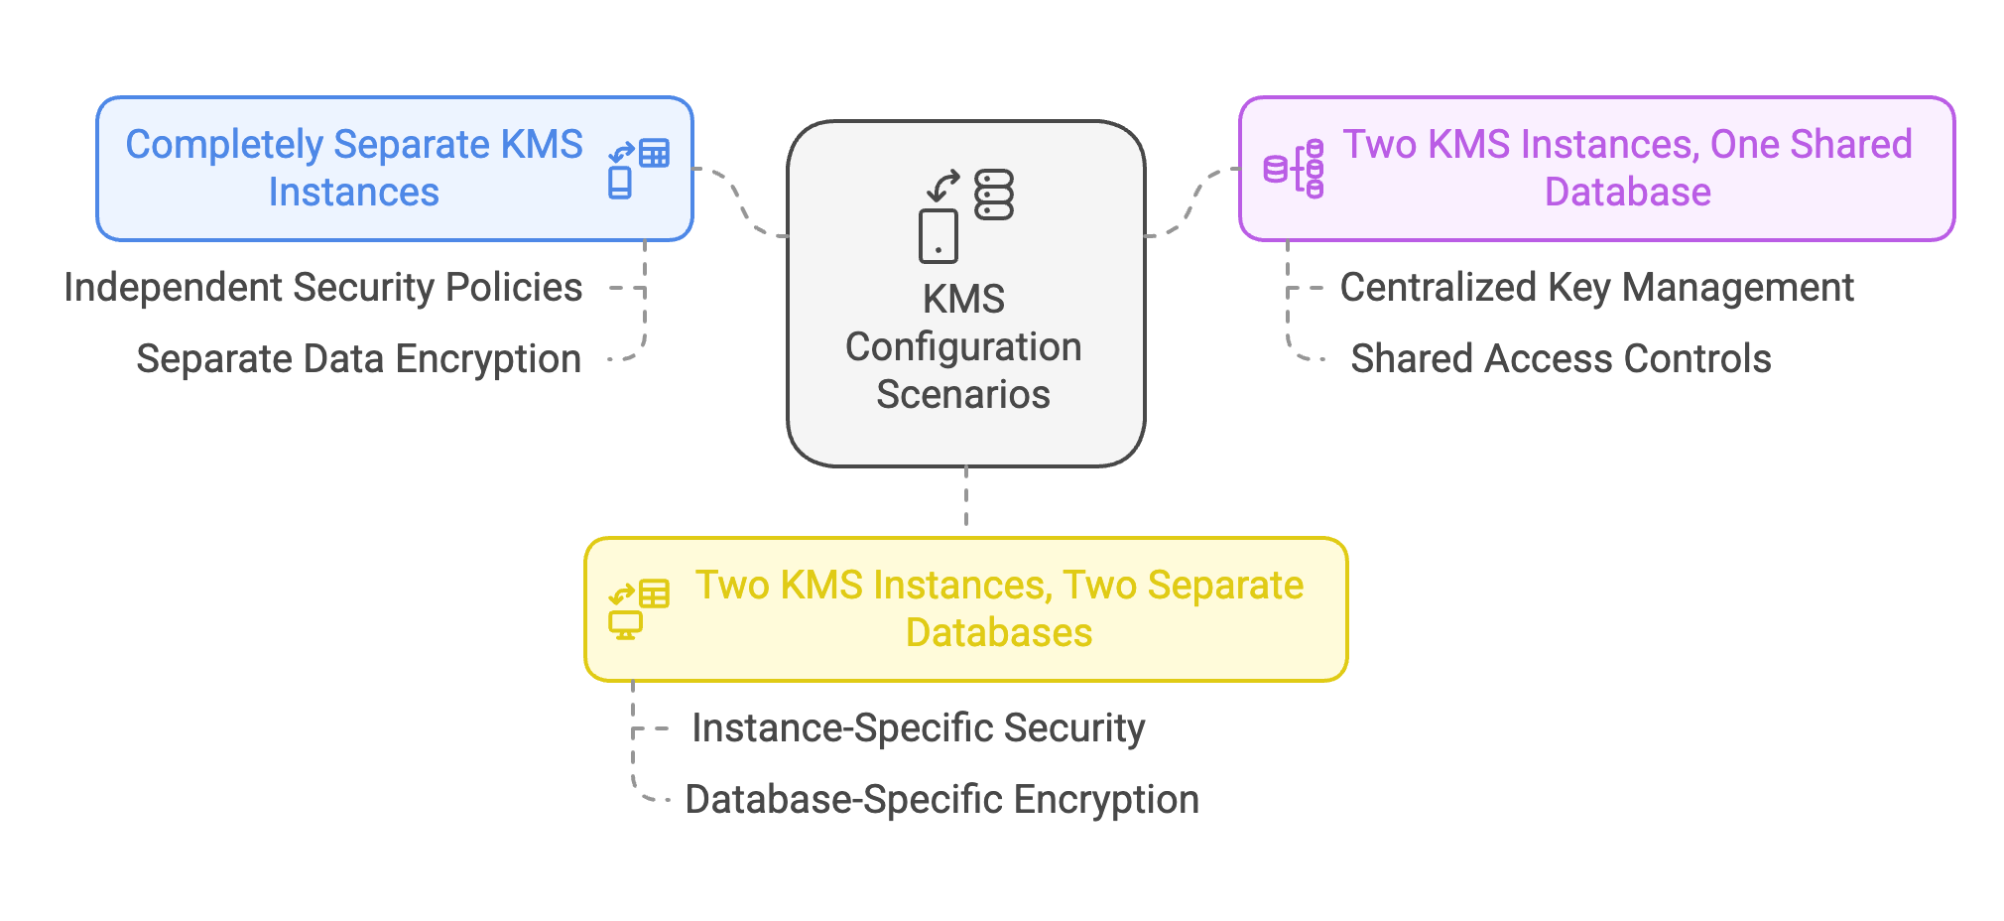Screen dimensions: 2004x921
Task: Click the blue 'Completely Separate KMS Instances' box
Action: [395, 169]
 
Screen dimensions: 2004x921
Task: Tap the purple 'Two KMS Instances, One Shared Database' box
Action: [1596, 169]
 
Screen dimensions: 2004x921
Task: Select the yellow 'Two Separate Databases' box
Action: [966, 609]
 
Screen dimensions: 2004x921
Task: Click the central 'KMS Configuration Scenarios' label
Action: [963, 346]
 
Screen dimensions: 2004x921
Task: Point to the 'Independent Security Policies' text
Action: [323, 288]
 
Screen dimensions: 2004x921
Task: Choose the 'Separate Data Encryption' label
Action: [358, 359]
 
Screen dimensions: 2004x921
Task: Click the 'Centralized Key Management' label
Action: [1596, 288]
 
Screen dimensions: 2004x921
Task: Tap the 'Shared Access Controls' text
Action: [1561, 359]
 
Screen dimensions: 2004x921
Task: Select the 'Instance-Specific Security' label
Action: [919, 728]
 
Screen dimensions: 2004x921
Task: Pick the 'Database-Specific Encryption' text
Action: [942, 800]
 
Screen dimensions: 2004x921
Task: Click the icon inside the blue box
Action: [639, 169]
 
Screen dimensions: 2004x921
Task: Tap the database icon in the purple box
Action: [1294, 169]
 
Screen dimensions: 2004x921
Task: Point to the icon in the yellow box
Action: [639, 609]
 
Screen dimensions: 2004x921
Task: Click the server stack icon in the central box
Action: [993, 195]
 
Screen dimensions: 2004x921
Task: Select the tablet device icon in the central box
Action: [939, 236]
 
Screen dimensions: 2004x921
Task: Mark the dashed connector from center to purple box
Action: [1192, 201]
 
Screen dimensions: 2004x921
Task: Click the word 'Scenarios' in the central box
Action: [963, 395]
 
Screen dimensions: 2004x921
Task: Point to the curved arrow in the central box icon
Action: [942, 186]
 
